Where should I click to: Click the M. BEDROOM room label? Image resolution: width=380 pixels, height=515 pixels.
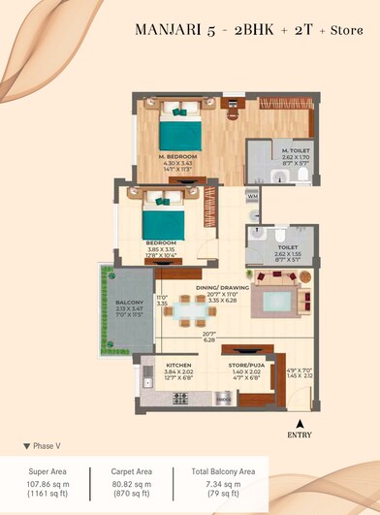179,155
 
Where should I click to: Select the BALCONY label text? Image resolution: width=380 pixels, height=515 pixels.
129,302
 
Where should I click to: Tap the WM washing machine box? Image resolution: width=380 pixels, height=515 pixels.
252,197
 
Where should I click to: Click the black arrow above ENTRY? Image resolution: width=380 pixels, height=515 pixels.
301,424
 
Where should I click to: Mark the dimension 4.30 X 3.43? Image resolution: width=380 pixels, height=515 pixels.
179,163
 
